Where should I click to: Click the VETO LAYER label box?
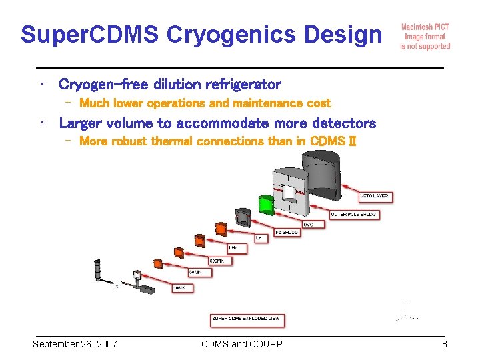[x=374, y=197]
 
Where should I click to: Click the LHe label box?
[x=237, y=248]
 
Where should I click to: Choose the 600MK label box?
[x=219, y=261]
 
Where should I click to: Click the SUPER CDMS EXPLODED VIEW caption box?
[x=247, y=319]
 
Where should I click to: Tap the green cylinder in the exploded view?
[x=266, y=203]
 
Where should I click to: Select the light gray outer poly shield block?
[x=291, y=193]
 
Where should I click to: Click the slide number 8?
[x=443, y=344]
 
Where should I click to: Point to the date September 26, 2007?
[x=75, y=344]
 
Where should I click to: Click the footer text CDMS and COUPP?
[x=241, y=344]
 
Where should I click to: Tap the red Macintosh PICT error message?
[x=425, y=37]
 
